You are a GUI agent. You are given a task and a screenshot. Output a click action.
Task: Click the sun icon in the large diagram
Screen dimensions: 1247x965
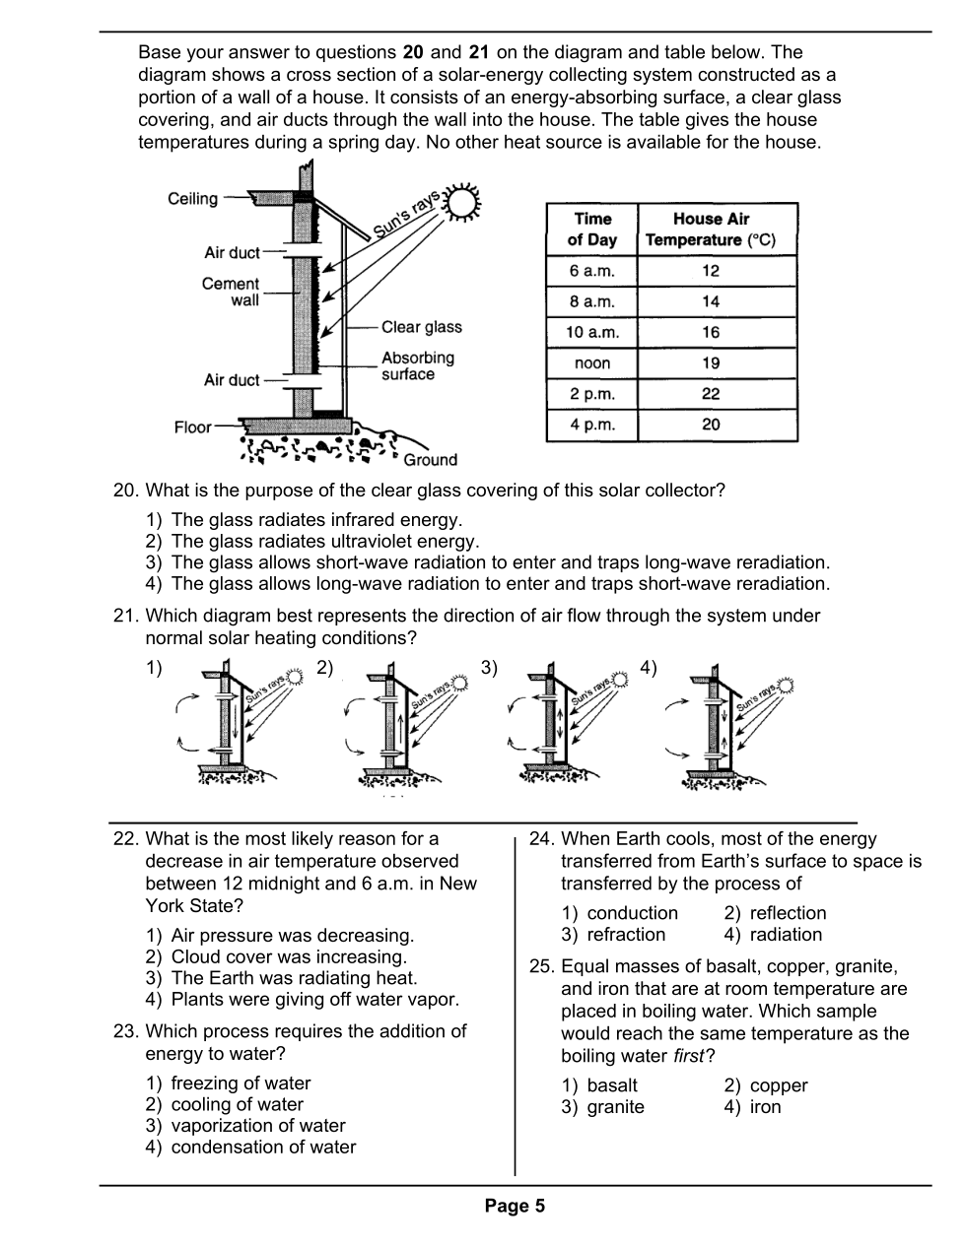click(x=462, y=202)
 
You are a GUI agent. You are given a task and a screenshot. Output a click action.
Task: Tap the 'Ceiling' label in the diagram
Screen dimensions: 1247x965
click(x=192, y=199)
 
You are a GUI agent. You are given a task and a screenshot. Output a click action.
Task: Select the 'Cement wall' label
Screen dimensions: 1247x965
click(x=231, y=292)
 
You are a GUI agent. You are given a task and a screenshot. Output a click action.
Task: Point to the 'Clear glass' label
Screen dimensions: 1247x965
click(x=421, y=327)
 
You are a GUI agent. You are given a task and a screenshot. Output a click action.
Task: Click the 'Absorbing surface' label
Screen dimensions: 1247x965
click(x=417, y=365)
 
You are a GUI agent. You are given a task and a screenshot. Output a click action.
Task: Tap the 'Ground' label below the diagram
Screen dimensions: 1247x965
click(x=430, y=460)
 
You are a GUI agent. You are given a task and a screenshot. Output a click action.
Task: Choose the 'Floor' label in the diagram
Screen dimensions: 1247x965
click(x=192, y=427)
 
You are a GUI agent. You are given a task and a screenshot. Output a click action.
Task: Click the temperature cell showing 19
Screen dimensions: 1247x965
click(x=711, y=363)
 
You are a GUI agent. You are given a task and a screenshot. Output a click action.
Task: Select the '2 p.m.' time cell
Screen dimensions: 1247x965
click(x=591, y=394)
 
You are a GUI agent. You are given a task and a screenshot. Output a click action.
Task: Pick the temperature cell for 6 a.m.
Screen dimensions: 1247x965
click(x=711, y=271)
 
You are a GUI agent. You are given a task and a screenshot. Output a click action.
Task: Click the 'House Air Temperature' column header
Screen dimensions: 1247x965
click(x=711, y=230)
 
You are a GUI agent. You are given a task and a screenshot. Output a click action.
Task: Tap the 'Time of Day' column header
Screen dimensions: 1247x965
click(x=591, y=230)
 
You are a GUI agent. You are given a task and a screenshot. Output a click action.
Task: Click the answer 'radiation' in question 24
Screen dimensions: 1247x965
click(x=786, y=935)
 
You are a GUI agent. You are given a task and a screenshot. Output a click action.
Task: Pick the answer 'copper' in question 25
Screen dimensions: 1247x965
click(x=778, y=1085)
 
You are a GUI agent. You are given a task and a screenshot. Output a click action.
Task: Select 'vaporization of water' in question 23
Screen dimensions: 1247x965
click(x=258, y=1126)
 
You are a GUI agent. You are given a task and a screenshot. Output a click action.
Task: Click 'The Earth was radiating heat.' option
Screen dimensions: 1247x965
click(x=294, y=978)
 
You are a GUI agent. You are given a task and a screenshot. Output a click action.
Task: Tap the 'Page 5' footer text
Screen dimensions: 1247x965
click(x=515, y=1207)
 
